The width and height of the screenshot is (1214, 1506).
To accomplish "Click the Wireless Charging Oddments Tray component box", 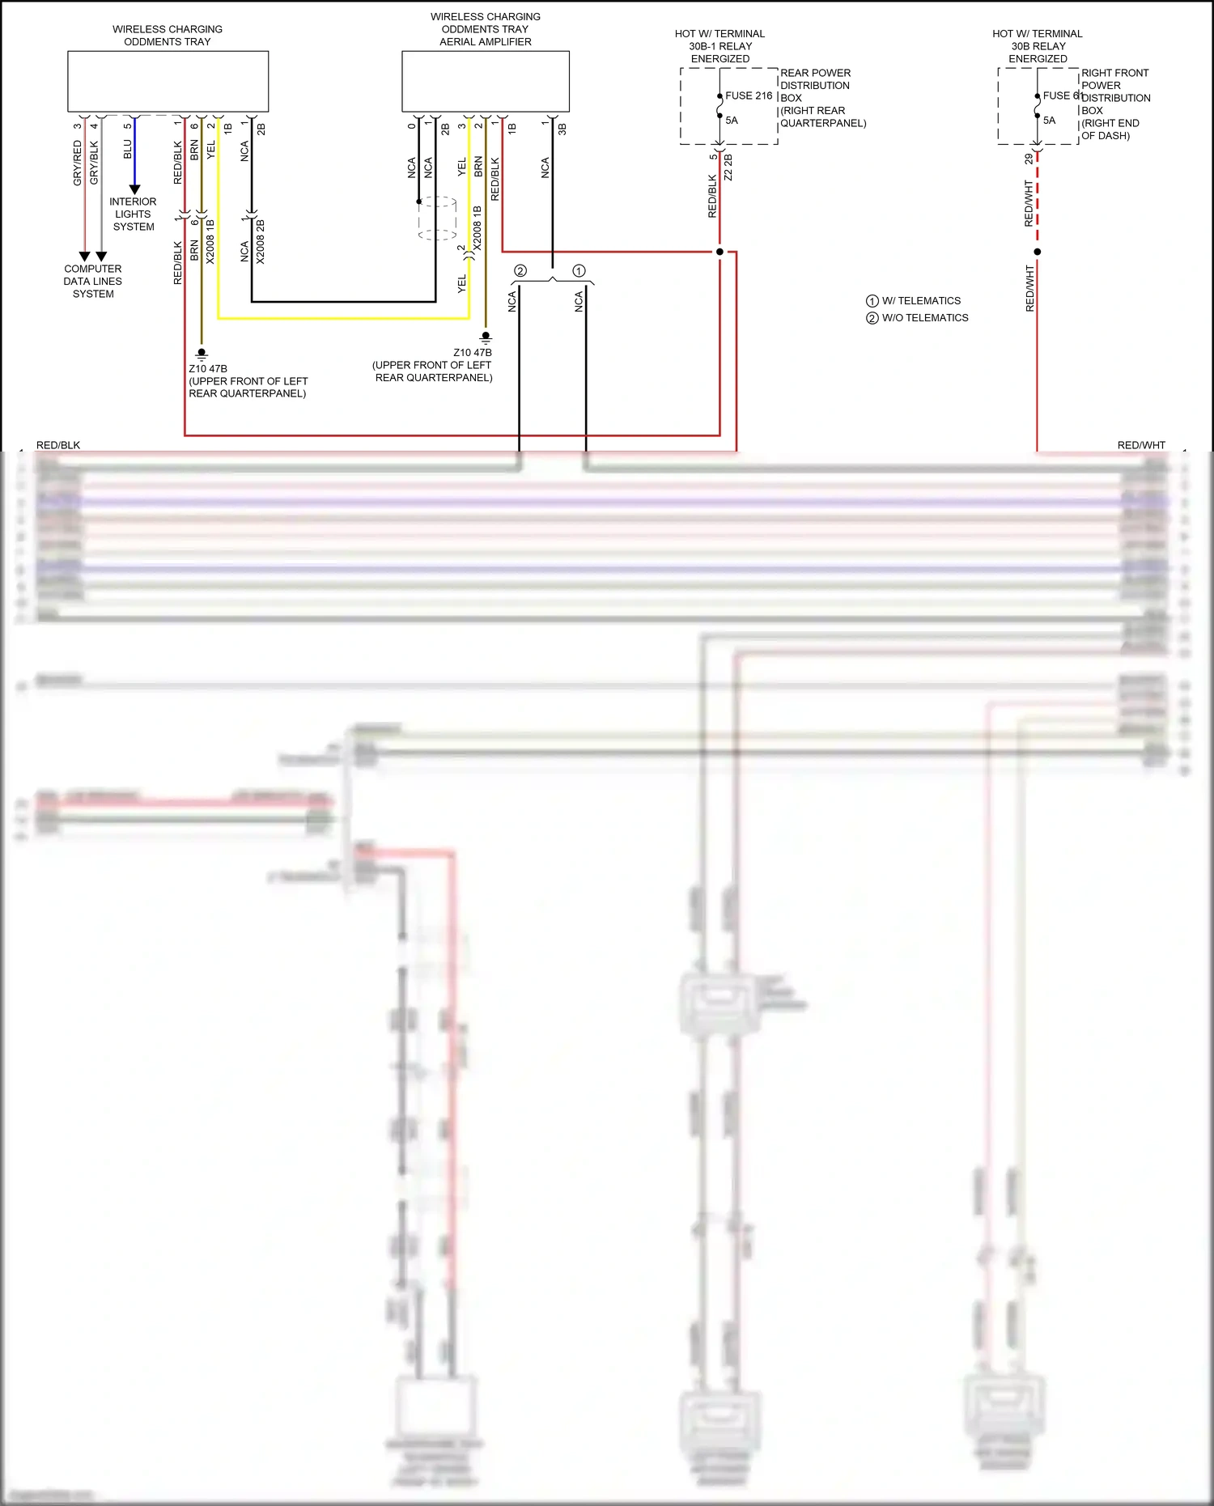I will coord(168,81).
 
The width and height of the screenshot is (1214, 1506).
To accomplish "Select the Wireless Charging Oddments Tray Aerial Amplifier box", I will coord(486,81).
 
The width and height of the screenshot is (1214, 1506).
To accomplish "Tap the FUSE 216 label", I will coord(749,95).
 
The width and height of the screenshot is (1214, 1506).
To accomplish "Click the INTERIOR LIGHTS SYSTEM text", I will coord(134,214).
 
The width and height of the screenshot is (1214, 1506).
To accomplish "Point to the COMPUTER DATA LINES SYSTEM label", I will coord(93,282).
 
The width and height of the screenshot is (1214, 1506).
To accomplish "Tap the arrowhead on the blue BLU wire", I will coord(134,189).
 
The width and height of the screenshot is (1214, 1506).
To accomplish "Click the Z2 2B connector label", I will coord(728,168).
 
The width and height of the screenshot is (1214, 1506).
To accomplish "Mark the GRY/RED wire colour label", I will coord(78,163).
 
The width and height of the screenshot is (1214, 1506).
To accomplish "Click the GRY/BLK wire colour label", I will coord(94,163).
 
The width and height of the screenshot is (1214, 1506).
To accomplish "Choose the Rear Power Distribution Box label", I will coord(822,98).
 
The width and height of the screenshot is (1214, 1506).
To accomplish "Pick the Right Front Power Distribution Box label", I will coord(1115,104).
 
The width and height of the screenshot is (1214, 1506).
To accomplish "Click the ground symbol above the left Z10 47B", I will coord(202,354).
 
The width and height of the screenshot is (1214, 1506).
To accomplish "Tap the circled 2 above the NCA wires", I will coord(520,271).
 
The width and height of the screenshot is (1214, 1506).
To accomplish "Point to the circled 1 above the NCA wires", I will coord(579,271).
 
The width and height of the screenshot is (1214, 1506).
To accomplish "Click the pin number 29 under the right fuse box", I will coord(1029,159).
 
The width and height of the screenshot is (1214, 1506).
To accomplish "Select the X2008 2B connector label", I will coord(261,242).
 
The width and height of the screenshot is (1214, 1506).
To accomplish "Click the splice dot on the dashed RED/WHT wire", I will coord(1038,252).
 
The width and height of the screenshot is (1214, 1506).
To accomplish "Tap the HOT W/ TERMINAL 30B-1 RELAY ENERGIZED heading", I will coord(719,46).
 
